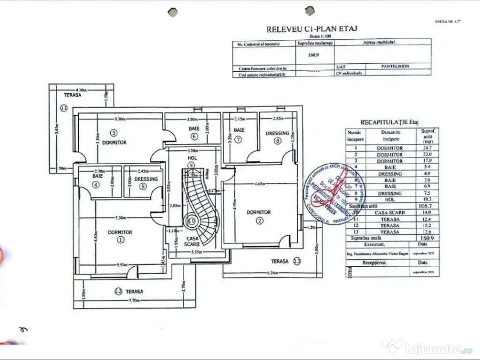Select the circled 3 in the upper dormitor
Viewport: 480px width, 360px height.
(113, 133)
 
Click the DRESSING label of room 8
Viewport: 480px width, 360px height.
(277, 133)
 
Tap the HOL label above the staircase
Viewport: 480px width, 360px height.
(191, 159)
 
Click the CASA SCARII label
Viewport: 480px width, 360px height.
(192, 241)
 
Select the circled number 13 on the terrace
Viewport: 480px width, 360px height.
(296, 261)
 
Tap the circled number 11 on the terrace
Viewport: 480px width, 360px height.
(64, 108)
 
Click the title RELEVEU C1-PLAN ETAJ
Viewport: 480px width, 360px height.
(312, 29)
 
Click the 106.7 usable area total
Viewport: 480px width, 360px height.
(423, 206)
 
